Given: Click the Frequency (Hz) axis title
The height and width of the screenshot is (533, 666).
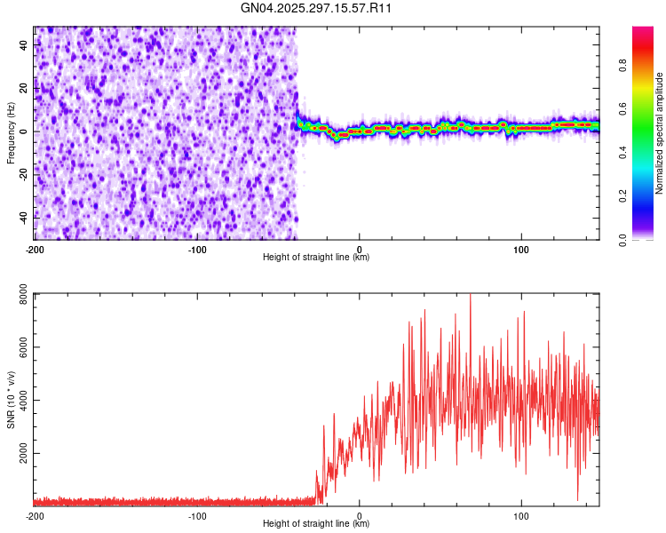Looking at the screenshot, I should [x=11, y=133].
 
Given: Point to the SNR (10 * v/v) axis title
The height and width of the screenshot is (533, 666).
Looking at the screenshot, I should [x=11, y=400].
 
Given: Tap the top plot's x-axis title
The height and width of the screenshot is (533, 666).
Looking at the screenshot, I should [x=316, y=258].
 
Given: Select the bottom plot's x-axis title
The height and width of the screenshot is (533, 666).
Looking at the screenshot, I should [x=316, y=524].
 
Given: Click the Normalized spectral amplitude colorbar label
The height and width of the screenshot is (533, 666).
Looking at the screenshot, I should [x=660, y=133].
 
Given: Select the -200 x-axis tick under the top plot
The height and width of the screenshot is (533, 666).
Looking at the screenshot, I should [x=35, y=249].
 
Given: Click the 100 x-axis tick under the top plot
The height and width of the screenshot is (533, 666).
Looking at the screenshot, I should [x=521, y=249].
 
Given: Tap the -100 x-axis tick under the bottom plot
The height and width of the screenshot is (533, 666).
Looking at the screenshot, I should [x=197, y=515].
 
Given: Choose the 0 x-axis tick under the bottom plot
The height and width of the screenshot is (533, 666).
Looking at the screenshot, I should [x=360, y=515].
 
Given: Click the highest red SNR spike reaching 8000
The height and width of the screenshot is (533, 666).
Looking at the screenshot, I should [x=471, y=297].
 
